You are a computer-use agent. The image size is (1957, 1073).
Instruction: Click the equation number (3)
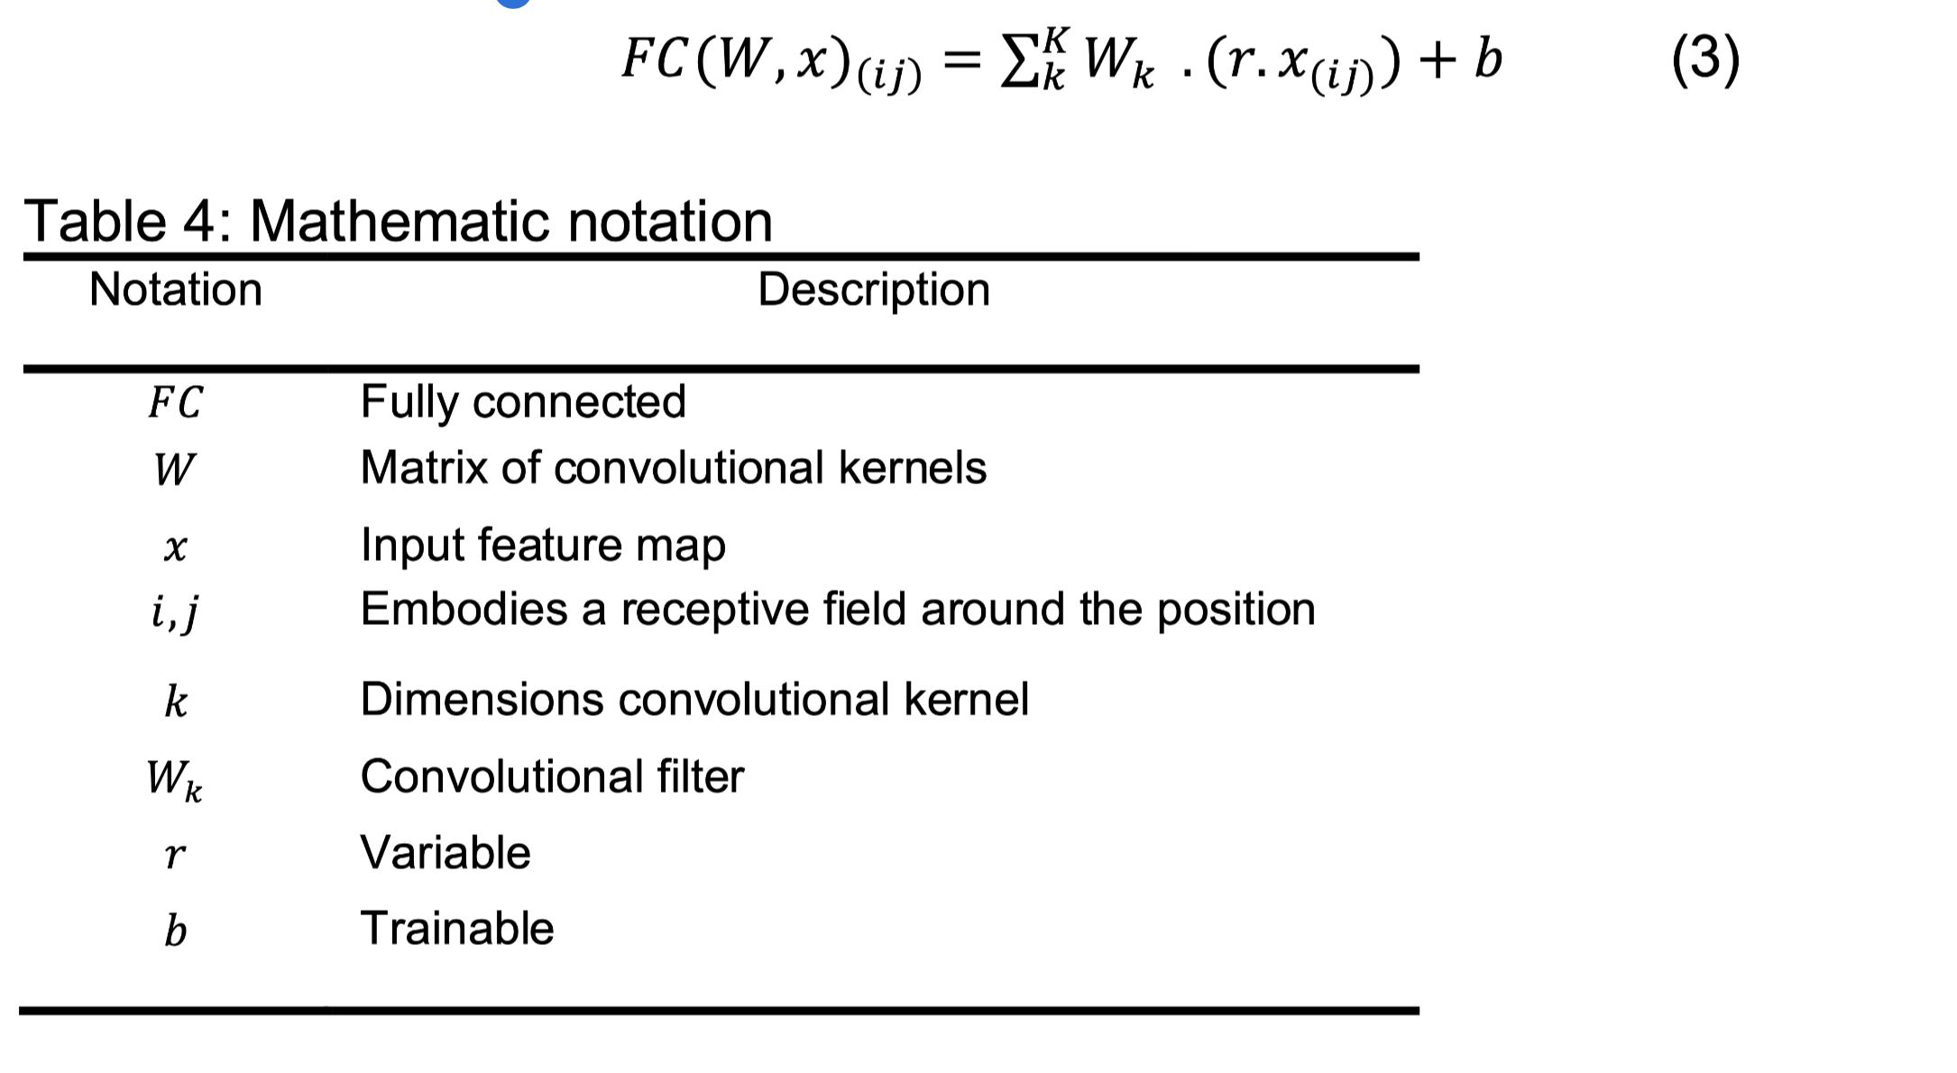[1705, 60]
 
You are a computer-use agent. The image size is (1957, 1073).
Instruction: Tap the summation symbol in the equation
[1021, 61]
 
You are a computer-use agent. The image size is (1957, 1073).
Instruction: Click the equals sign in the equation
[961, 61]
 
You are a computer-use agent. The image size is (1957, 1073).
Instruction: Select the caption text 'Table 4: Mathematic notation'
[398, 221]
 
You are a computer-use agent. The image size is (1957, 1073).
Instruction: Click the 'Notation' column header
[176, 289]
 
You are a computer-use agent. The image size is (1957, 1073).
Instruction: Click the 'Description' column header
[873, 289]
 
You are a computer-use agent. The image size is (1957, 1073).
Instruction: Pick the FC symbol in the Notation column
[175, 402]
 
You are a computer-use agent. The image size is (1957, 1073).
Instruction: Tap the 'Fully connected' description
[523, 401]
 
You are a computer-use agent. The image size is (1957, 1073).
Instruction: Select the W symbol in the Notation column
[174, 470]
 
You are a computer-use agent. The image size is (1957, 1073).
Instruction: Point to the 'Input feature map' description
[543, 545]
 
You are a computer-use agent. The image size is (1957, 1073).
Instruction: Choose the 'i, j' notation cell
[174, 612]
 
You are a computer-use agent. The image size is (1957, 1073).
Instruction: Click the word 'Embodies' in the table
[464, 609]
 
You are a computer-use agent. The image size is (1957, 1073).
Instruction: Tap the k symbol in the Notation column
[176, 701]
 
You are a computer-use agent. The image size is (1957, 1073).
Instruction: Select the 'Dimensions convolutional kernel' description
[694, 699]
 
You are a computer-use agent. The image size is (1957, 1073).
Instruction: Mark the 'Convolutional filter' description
[552, 776]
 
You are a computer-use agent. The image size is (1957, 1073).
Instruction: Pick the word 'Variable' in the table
[446, 852]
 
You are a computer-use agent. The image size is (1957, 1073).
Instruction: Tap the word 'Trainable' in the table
[457, 928]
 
